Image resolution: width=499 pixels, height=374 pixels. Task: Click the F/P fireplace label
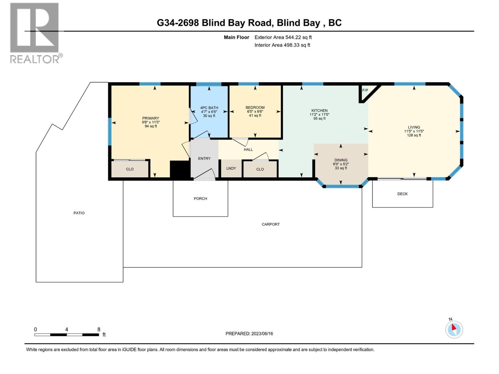tap(365, 90)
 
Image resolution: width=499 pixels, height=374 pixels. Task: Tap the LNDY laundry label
tap(231, 168)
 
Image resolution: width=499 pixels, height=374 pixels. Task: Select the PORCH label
tap(200, 199)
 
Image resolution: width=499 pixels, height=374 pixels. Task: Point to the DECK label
tap(402, 194)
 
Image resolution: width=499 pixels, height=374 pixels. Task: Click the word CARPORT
tap(270, 224)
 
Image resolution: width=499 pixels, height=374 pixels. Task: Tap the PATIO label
tap(79, 213)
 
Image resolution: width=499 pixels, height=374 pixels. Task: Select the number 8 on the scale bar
tap(99, 329)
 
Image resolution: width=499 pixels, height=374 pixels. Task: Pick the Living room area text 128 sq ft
tap(414, 135)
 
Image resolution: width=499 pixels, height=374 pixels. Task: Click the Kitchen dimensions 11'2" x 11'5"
tap(319, 114)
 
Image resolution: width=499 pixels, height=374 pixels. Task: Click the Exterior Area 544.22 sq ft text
tap(283, 37)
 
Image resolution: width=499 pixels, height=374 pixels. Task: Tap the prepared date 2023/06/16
tap(262, 333)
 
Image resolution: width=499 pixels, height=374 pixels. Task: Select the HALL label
tap(248, 149)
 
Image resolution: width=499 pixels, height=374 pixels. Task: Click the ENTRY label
tap(204, 159)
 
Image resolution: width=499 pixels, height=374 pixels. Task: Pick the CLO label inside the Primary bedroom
tap(129, 169)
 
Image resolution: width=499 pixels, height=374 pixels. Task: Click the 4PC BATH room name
tap(209, 108)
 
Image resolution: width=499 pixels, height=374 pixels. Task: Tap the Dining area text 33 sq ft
tap(341, 168)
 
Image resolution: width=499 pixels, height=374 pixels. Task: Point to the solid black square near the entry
tap(180, 169)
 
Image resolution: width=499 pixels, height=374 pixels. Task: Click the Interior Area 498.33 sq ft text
tap(282, 45)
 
